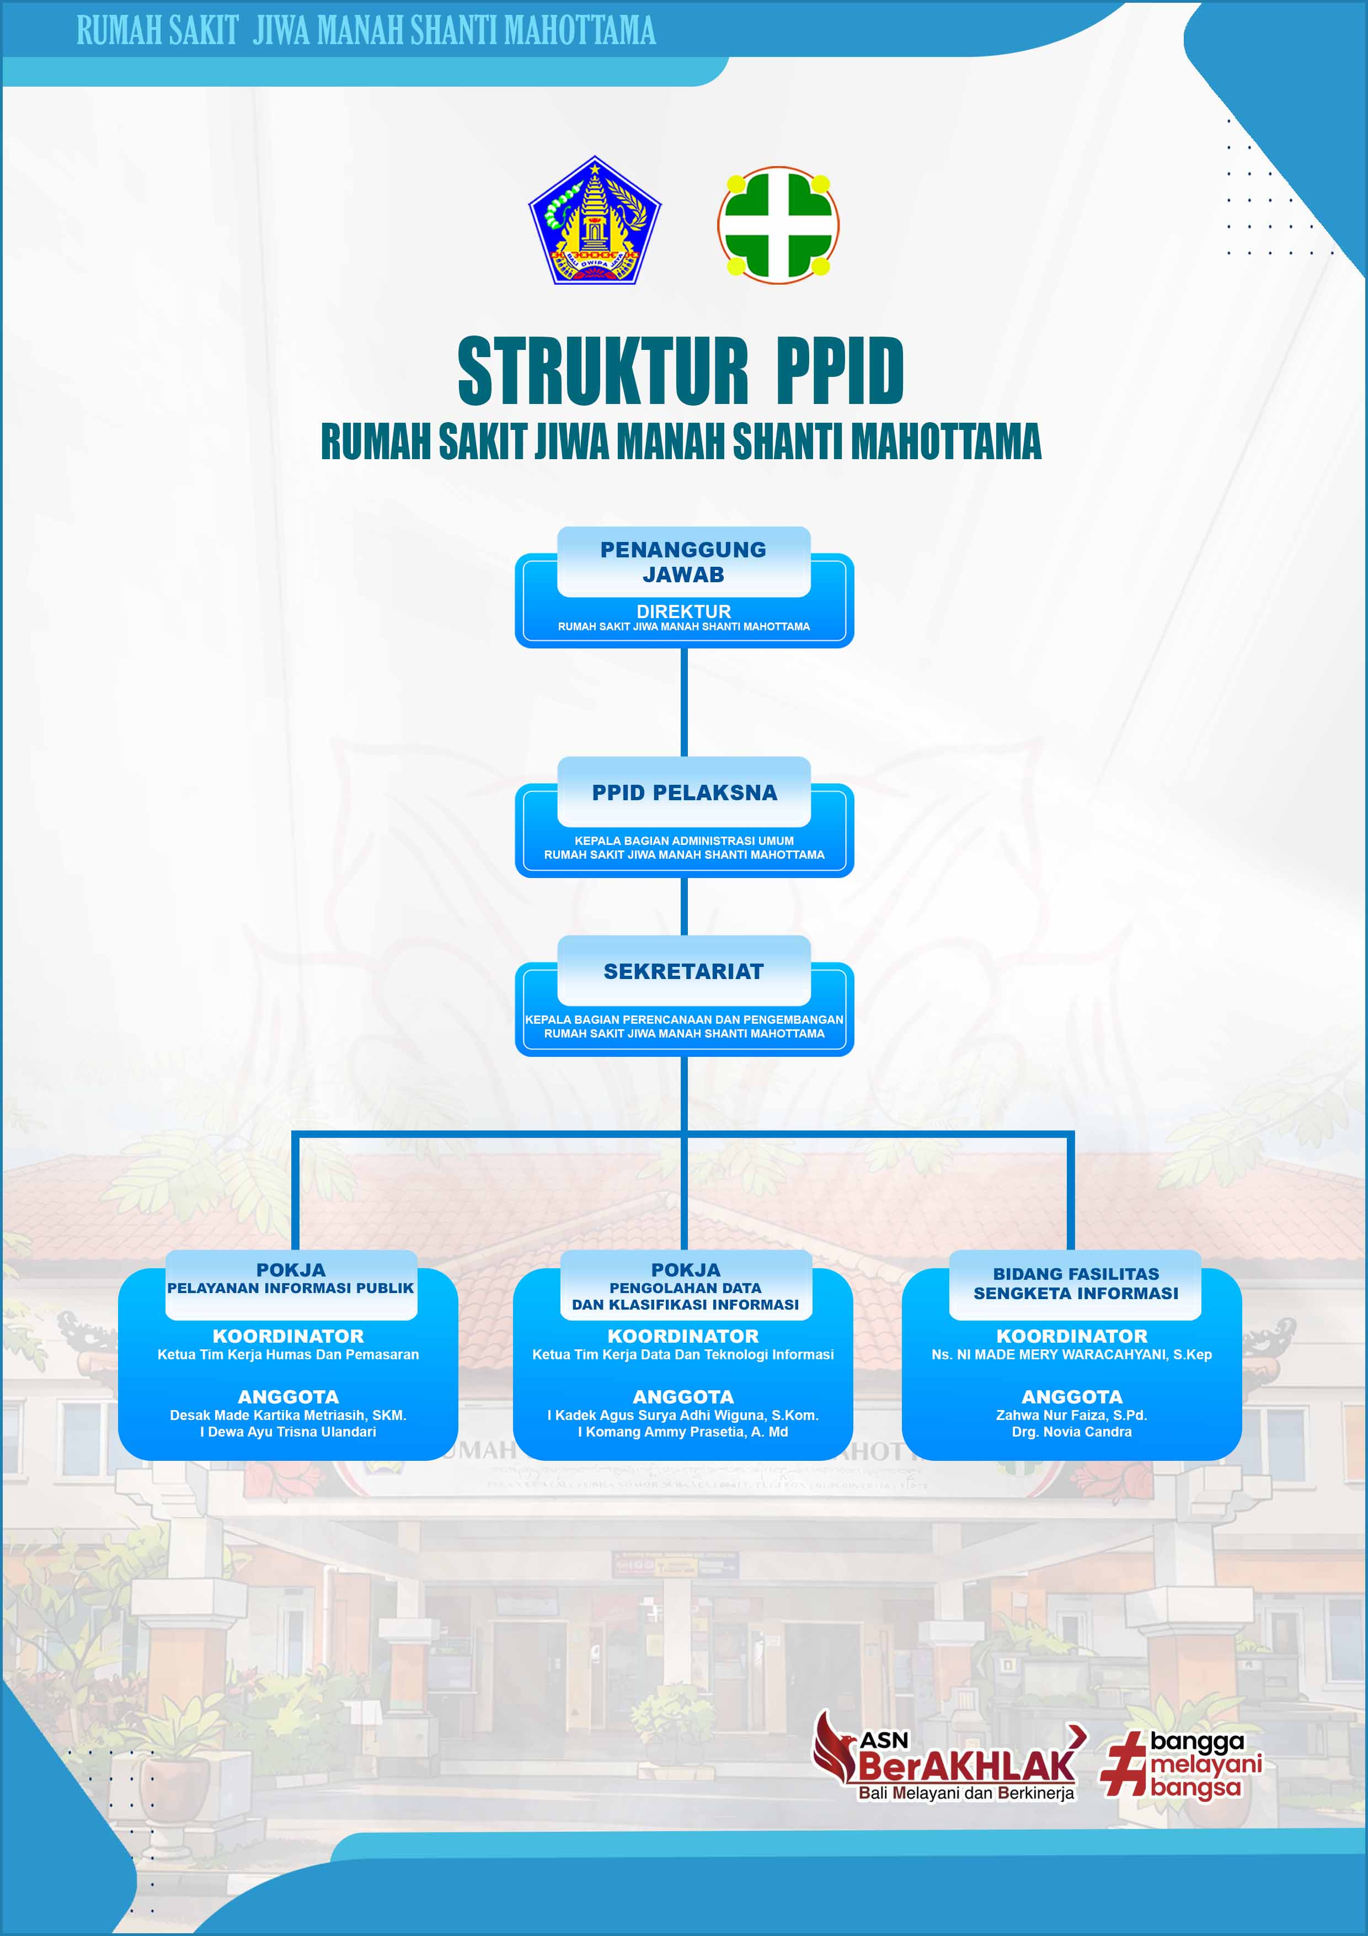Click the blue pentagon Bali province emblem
595,221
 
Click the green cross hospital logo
778,225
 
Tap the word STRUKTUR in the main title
603,370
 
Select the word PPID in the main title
840,370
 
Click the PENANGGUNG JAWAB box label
683,562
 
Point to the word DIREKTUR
683,611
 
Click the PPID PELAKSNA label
685,793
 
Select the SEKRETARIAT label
683,971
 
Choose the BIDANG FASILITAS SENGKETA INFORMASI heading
1076,1283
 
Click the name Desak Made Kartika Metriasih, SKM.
288,1416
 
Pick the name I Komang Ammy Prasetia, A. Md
683,1432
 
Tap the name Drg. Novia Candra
1071,1432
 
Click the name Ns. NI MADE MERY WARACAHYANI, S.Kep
1071,1355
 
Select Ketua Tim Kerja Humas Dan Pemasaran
288,1355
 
